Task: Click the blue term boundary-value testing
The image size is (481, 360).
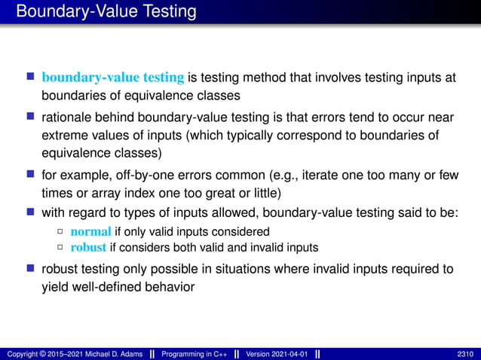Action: [x=113, y=78]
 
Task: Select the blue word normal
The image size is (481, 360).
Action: [x=91, y=230]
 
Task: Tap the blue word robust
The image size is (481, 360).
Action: [x=88, y=247]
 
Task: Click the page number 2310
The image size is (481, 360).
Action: [x=465, y=353]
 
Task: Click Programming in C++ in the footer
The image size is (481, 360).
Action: [x=201, y=353]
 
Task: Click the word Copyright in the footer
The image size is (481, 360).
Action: [x=21, y=353]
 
